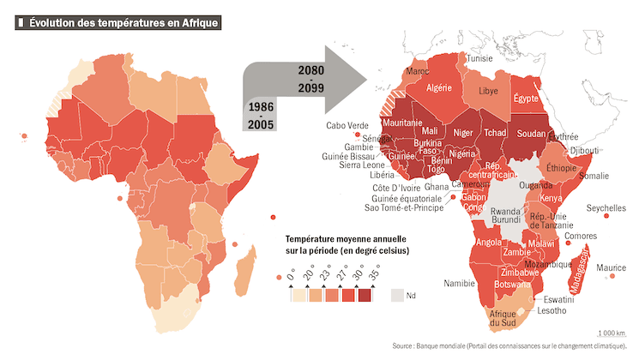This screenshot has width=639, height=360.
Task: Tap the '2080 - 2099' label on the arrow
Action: pos(311,78)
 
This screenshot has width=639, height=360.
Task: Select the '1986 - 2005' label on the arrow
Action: pos(262,117)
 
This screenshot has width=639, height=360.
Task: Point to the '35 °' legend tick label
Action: pos(376,274)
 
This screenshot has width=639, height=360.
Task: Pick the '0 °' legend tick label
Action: pos(292,274)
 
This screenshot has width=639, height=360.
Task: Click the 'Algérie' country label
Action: pos(438,87)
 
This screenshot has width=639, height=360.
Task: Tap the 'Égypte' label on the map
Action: pos(526,99)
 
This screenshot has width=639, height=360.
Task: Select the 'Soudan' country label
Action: pos(534,134)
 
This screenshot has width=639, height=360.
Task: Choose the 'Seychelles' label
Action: pos(606,207)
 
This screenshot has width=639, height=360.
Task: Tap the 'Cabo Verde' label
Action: pos(347,125)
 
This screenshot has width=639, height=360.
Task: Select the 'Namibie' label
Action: pos(460,283)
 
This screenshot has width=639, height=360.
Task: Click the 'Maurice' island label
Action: pos(611,267)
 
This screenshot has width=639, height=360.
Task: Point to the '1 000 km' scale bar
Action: pos(611,333)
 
